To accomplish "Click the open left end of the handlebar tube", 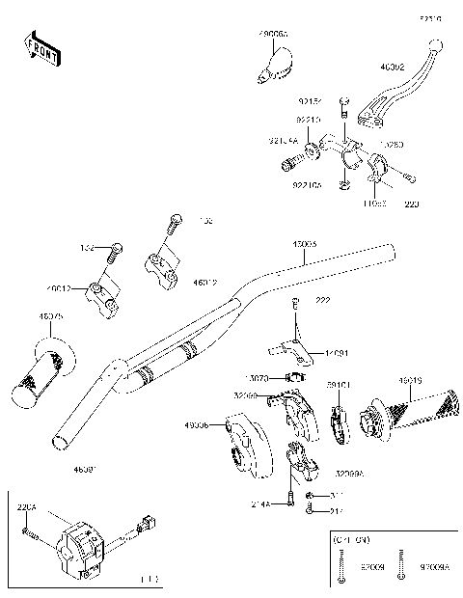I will click(x=60, y=439).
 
